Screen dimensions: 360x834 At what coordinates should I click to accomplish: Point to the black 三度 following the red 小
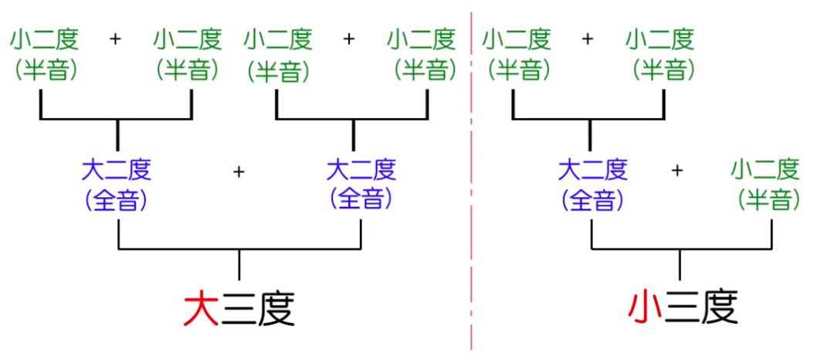701,307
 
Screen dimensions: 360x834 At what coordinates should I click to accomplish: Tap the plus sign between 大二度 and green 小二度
678,170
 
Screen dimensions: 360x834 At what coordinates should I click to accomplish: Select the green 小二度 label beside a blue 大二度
765,168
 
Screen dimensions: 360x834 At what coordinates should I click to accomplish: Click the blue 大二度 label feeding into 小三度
592,168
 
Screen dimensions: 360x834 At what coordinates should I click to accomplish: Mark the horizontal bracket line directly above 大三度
239,249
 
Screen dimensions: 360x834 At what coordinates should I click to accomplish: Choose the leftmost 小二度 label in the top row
43,38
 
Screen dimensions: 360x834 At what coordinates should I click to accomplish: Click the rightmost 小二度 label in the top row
660,38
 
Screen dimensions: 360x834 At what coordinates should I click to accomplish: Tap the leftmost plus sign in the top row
116,38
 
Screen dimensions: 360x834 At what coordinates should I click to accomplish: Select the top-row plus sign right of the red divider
587,38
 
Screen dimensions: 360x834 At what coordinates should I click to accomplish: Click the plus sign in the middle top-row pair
349,38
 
